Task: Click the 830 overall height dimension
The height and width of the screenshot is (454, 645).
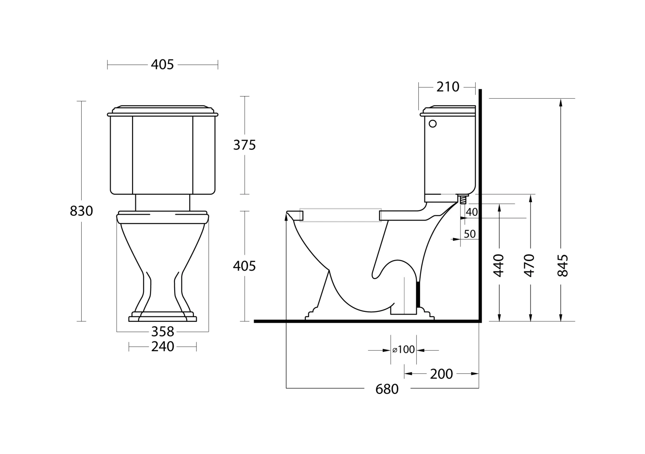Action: [82, 211]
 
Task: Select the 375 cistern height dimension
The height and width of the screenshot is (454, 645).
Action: [245, 145]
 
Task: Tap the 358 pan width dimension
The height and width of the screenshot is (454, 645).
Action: [163, 332]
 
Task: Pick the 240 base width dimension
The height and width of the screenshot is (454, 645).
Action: [163, 346]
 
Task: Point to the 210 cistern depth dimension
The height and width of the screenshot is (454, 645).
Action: [448, 87]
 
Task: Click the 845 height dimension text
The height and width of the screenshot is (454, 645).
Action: [562, 265]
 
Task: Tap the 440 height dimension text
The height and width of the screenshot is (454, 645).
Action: [499, 265]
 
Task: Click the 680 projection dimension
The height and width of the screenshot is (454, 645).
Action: [387, 389]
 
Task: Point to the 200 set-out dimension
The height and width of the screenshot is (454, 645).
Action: [442, 374]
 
